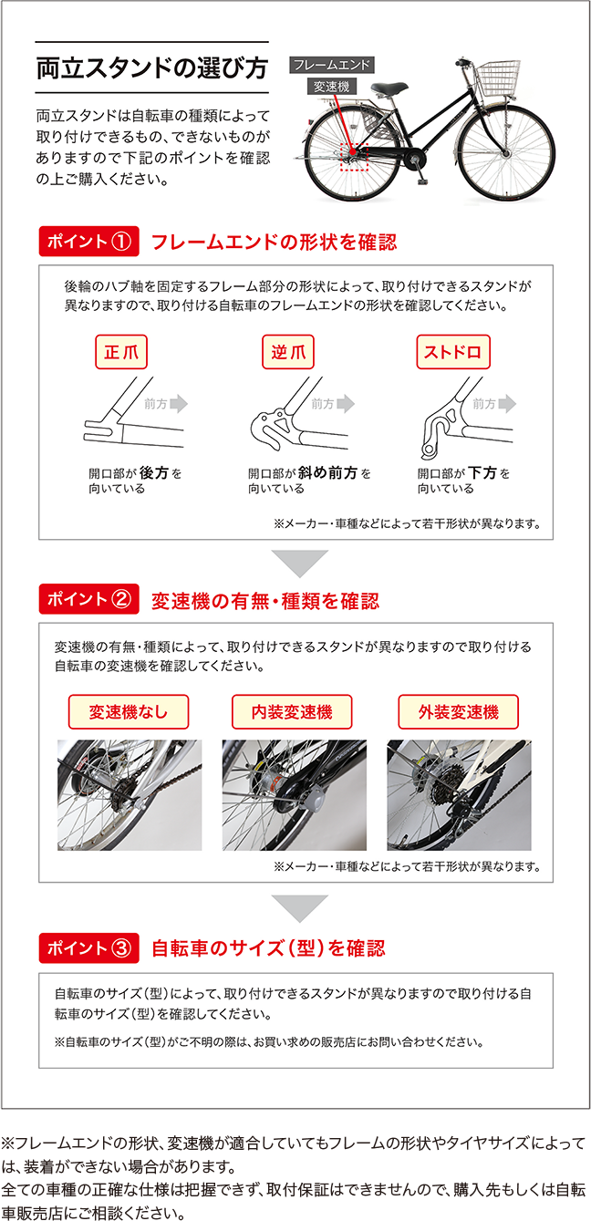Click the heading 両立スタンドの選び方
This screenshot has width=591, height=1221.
point(152,68)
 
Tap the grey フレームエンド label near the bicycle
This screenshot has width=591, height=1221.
point(331,65)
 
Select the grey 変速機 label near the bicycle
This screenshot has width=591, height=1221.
point(331,86)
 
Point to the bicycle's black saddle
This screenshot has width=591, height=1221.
point(389,88)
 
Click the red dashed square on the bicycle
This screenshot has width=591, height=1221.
point(355,158)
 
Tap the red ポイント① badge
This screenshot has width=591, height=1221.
point(88,242)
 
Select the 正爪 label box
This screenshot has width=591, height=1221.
point(121,352)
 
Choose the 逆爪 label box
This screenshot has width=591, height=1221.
point(288,352)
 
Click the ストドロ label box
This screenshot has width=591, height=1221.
point(453,352)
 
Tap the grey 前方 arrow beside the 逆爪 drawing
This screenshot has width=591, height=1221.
point(347,404)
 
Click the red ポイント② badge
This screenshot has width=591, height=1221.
point(88,599)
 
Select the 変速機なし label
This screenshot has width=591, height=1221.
point(129,712)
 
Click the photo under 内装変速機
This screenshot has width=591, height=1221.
point(295,795)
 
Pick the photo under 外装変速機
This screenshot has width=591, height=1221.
point(459,795)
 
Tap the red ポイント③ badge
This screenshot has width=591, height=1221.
point(88,948)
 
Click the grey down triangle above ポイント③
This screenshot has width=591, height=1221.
point(300,907)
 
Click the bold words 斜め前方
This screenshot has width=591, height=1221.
point(327,472)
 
